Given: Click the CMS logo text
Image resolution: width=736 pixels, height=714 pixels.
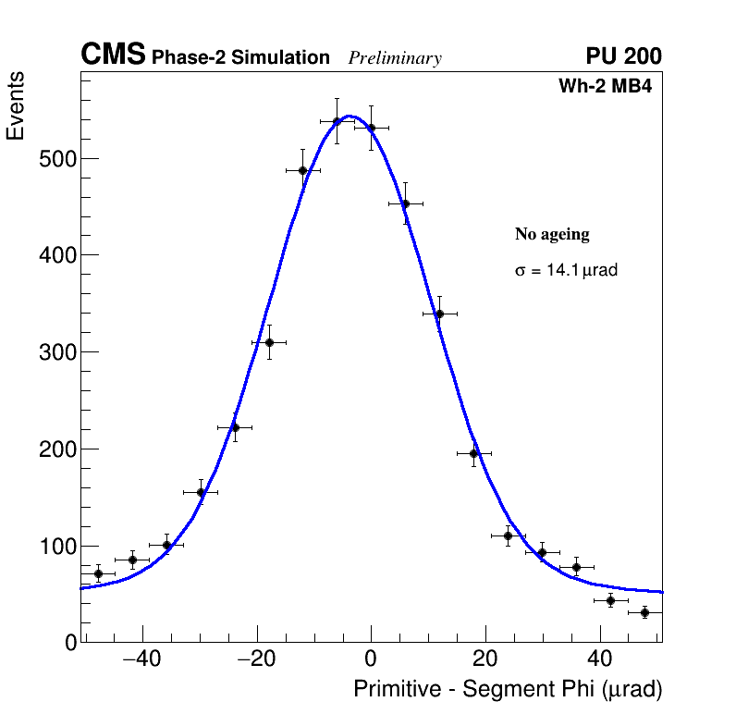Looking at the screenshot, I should click(113, 55).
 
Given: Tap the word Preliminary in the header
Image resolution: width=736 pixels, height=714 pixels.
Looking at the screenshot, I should click(395, 58).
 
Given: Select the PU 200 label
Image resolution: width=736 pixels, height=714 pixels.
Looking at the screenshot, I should click(623, 56).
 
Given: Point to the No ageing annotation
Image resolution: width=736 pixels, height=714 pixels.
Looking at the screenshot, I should click(552, 234).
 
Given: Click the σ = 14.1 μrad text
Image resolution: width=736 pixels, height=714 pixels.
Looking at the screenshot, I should click(566, 271).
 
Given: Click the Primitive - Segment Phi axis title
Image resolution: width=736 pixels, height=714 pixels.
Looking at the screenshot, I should click(508, 690).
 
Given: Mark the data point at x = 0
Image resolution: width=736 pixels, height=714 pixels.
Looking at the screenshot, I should click(371, 128).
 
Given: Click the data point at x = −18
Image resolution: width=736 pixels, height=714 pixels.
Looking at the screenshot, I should click(269, 342).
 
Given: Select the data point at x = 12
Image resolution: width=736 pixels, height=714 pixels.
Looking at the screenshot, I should click(439, 314).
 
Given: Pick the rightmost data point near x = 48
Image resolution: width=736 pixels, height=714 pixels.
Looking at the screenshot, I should click(644, 612).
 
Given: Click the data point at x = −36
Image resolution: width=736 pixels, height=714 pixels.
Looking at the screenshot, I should click(166, 545).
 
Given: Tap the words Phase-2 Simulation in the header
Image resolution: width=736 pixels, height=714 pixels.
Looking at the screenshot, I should click(240, 58).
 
